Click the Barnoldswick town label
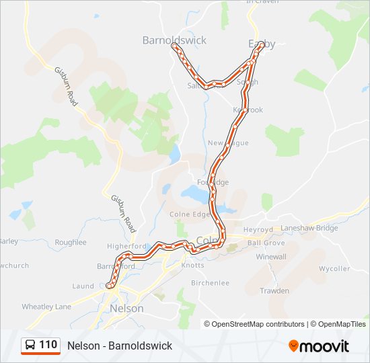click(x=174, y=40)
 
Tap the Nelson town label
click(x=126, y=309)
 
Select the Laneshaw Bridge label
click(x=309, y=229)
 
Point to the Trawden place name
click(x=274, y=291)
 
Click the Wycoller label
click(x=334, y=269)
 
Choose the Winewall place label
click(x=271, y=257)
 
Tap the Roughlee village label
click(x=71, y=242)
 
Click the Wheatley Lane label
click(x=46, y=307)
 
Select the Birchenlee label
click(x=211, y=283)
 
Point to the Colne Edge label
click(x=190, y=214)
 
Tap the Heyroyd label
click(x=258, y=229)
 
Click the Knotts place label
click(x=192, y=266)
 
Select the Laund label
click(x=83, y=286)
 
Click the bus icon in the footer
click(x=31, y=346)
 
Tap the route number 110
click(x=48, y=345)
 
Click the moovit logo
click(x=319, y=346)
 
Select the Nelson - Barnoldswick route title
click(x=120, y=346)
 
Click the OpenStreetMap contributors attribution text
click(x=258, y=324)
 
